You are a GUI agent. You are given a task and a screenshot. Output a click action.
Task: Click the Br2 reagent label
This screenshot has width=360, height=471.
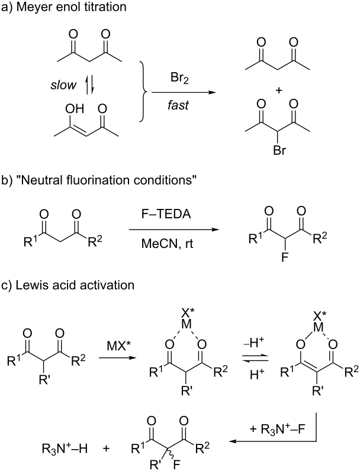point(179,79)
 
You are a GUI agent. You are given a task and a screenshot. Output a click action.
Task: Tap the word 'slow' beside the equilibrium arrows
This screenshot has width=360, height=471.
point(63,85)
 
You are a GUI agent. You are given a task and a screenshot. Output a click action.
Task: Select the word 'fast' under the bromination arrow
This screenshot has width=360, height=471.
point(178,105)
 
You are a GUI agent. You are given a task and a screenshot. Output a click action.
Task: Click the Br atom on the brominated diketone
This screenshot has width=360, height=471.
point(279,150)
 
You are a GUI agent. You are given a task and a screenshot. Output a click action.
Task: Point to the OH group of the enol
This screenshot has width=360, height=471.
point(75,109)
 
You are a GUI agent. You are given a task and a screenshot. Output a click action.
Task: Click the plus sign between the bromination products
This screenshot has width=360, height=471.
point(279,91)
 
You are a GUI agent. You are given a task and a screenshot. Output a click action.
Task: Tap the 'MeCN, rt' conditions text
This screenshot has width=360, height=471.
point(168,243)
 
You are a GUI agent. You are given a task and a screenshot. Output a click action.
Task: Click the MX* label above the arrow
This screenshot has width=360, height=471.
point(118,346)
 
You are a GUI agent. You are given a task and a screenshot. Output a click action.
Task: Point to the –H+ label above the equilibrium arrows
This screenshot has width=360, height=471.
point(254,343)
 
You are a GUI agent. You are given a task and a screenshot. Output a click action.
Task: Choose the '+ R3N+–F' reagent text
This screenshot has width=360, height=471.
point(277,428)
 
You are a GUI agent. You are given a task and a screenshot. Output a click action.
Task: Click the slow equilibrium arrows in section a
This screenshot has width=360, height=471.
point(89,86)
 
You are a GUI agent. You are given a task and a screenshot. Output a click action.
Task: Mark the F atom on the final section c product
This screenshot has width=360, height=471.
point(176,465)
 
